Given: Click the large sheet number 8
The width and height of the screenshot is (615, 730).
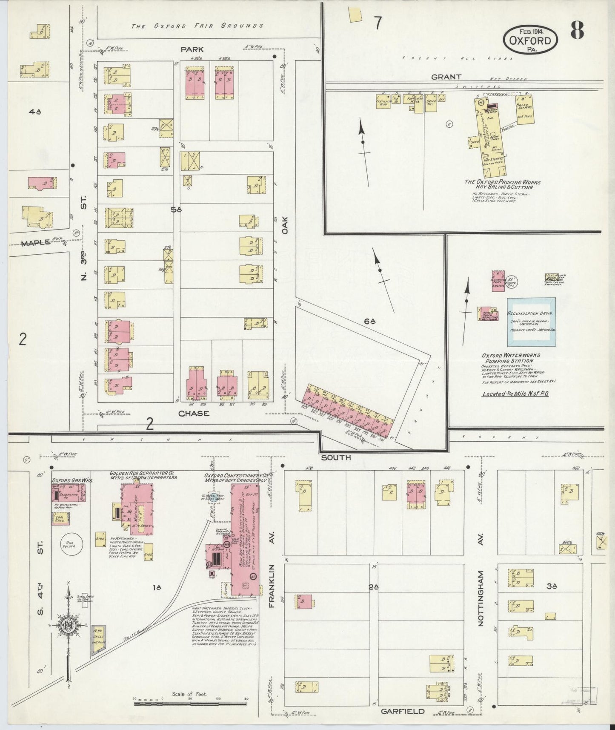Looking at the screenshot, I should (x=577, y=31).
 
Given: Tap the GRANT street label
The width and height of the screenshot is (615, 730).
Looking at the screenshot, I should (x=446, y=77).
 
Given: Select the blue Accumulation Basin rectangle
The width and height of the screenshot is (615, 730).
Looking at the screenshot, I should (x=531, y=322).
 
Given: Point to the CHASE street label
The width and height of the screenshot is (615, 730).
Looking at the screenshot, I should (x=194, y=413).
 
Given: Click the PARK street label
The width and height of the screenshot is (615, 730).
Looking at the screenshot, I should (x=192, y=49).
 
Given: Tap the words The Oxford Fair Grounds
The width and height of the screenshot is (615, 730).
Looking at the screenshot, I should (x=197, y=26).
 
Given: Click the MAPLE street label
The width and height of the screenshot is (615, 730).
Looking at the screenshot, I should (x=35, y=243).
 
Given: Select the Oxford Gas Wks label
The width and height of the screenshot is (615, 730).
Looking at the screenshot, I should (x=72, y=480).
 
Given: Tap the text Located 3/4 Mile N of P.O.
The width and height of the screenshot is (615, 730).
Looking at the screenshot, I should (x=515, y=394).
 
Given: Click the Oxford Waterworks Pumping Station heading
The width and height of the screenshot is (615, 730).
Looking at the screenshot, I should (x=511, y=358).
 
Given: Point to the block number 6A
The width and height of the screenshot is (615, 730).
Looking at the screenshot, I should (x=369, y=322).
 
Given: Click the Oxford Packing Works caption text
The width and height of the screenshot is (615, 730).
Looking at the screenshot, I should (x=502, y=184).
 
